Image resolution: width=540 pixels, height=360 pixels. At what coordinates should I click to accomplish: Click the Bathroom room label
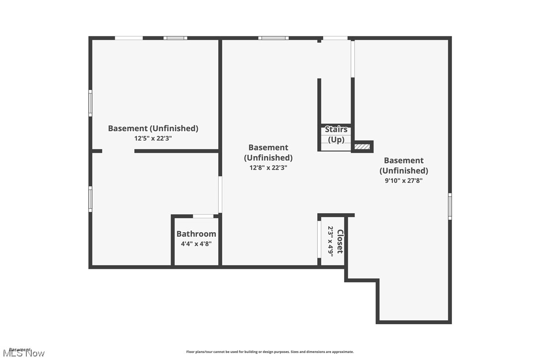[196, 234]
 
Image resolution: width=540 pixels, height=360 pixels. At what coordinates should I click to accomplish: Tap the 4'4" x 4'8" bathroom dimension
[196, 244]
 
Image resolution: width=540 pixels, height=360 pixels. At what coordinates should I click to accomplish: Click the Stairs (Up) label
[336, 134]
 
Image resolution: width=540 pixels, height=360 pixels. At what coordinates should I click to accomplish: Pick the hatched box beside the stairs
[362, 147]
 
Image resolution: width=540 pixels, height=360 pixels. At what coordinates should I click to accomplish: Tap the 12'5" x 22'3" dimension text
[153, 139]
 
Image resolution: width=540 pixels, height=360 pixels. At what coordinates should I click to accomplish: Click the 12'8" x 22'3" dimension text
[268, 168]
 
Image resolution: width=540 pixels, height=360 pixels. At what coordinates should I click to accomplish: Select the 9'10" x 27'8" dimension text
[404, 180]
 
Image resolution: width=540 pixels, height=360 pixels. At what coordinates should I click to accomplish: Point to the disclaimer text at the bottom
[270, 352]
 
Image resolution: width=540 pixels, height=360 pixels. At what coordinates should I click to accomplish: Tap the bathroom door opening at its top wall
[203, 216]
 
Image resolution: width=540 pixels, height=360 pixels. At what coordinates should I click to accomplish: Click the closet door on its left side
[319, 239]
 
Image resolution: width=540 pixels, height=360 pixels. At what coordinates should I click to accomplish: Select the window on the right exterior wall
[450, 206]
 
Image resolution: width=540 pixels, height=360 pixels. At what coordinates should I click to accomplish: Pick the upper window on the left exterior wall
[90, 103]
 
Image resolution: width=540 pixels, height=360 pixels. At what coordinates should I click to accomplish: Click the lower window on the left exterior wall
[90, 199]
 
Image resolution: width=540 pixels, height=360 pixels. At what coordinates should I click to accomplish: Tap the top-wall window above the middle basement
[273, 38]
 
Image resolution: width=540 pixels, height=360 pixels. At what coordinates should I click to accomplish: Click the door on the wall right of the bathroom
[220, 194]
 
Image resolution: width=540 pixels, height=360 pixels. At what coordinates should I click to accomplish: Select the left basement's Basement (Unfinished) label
[153, 128]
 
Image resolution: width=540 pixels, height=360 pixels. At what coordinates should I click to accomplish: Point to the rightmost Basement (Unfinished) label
[404, 165]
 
